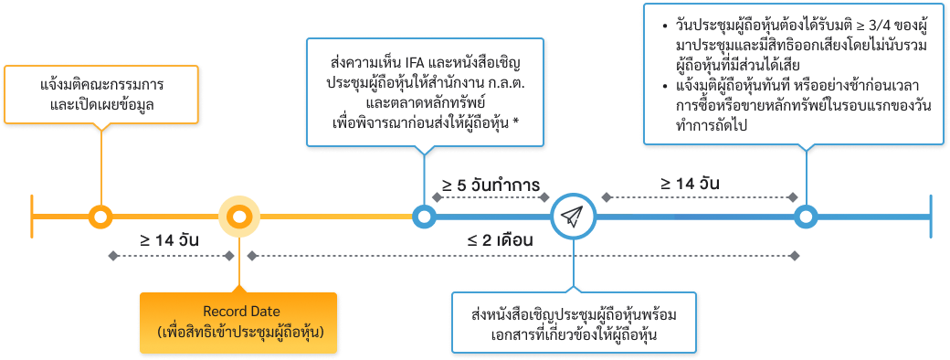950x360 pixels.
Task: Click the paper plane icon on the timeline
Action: (x=573, y=217)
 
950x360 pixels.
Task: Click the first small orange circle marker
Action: (x=100, y=217)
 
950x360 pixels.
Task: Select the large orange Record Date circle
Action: (x=238, y=217)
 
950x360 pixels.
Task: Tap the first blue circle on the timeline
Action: (x=424, y=217)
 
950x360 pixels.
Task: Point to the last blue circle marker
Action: (x=805, y=217)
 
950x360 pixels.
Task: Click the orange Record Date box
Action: (x=238, y=314)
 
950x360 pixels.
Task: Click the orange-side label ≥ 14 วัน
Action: (x=169, y=240)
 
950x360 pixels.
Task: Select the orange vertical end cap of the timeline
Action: (x=32, y=217)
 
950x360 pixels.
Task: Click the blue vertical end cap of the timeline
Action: (x=931, y=217)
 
